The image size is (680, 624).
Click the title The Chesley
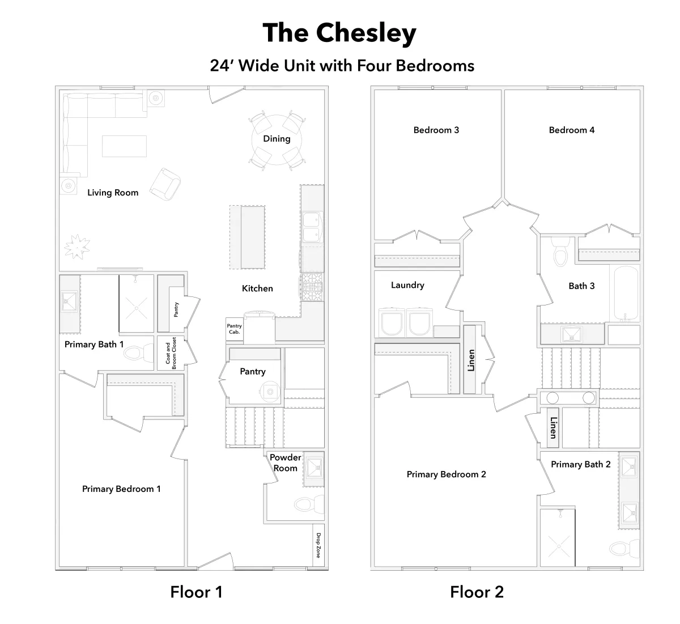coord(339,33)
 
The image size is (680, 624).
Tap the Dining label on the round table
coord(277,139)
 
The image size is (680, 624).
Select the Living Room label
coord(113,193)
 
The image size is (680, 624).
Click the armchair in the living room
coord(165,184)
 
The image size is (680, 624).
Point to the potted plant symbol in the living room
coord(77,247)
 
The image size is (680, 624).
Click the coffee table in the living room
coord(125,146)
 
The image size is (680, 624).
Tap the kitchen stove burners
coord(311,287)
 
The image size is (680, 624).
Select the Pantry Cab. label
coord(234,329)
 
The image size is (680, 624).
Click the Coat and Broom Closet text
coord(171,353)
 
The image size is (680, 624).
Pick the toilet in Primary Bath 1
coord(139,353)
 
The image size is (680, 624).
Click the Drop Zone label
coord(318,545)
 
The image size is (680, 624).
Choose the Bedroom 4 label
coord(572,130)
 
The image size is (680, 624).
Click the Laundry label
coord(407,285)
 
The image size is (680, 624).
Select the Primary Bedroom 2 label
coord(446,474)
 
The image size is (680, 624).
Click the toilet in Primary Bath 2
coord(624,549)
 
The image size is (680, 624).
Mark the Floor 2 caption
coord(477,592)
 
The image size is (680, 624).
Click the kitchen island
coord(248,237)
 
